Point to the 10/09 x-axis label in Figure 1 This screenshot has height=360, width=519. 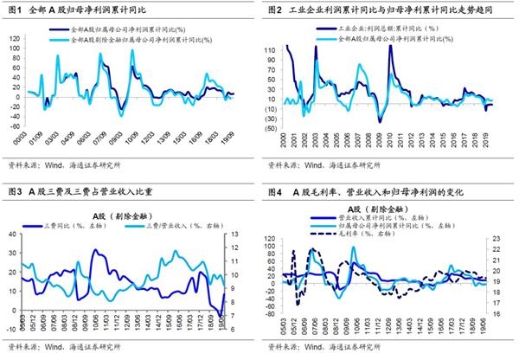tap(134, 137)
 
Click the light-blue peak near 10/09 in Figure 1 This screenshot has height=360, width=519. tap(132, 54)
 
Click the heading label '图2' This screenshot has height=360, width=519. tap(277, 10)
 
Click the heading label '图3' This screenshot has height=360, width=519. tap(15, 191)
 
